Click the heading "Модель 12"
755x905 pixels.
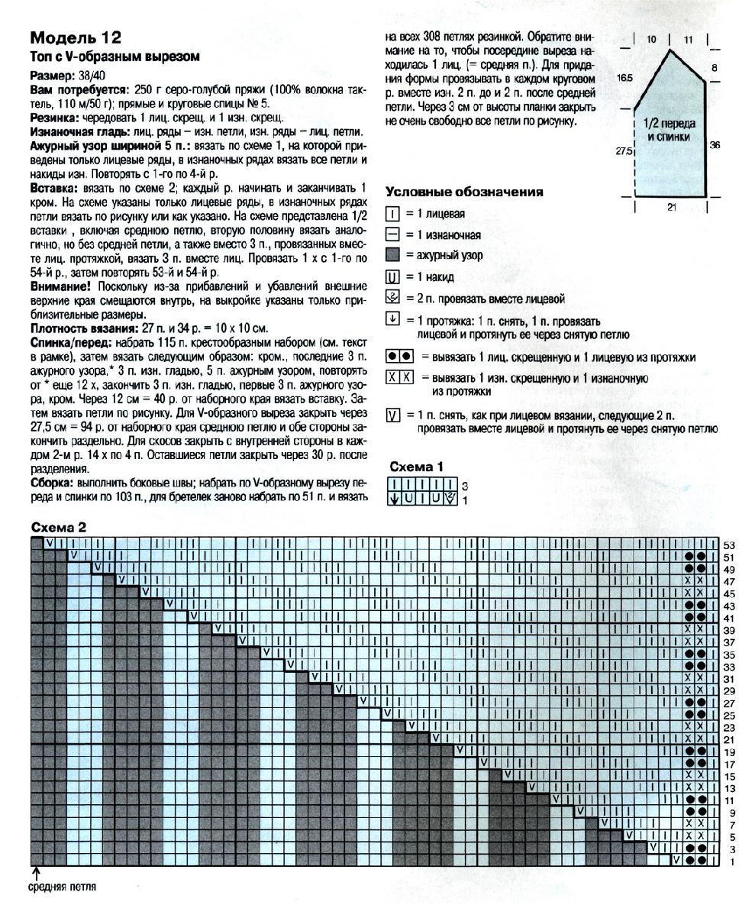(75, 38)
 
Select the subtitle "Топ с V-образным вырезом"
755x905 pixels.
(114, 57)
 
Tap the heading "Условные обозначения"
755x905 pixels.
(464, 192)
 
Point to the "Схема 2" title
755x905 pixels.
(58, 527)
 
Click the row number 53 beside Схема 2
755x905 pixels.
(728, 545)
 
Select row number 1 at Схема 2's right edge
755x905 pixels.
(731, 861)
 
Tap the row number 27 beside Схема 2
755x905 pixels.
(728, 703)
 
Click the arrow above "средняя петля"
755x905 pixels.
(36, 873)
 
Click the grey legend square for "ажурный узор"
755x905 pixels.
(393, 256)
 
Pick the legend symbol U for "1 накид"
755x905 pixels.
(393, 277)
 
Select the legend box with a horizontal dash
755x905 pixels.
(393, 234)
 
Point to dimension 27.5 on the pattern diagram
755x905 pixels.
(624, 151)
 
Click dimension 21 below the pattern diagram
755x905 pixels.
(671, 207)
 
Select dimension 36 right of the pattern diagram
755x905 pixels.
(715, 144)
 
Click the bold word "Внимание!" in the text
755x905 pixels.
(61, 285)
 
